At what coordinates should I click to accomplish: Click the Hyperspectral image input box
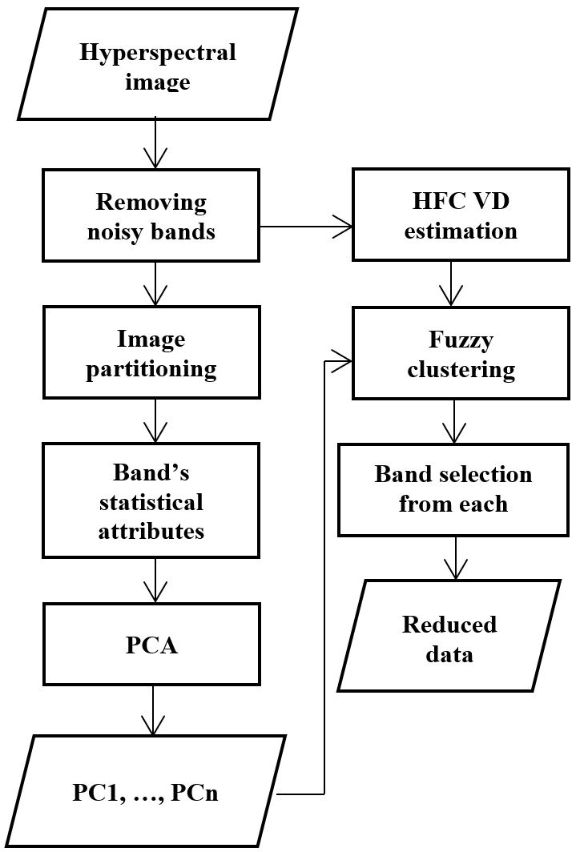click(x=158, y=64)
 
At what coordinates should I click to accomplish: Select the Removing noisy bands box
click(x=151, y=215)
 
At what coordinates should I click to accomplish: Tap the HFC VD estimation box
click(x=461, y=215)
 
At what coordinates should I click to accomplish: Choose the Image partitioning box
click(x=151, y=352)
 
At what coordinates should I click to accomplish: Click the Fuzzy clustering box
click(x=461, y=353)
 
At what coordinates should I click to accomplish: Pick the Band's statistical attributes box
click(x=151, y=500)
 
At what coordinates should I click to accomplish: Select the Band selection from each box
click(x=453, y=489)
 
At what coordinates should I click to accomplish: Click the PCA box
click(x=151, y=644)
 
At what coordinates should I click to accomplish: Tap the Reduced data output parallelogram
click(x=449, y=636)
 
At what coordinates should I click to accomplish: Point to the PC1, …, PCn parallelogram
click(x=145, y=790)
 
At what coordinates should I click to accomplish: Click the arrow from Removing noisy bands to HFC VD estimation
click(x=306, y=227)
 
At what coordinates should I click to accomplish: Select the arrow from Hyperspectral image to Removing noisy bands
click(x=155, y=143)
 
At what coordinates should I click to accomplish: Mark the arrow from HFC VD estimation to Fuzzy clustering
click(x=451, y=283)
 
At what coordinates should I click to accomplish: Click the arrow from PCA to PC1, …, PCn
click(x=153, y=710)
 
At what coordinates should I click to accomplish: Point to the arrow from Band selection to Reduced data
click(x=455, y=558)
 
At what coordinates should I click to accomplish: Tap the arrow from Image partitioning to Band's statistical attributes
click(x=155, y=420)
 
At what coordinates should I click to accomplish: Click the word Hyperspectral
click(x=158, y=53)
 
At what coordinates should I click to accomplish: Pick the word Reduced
click(x=449, y=625)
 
